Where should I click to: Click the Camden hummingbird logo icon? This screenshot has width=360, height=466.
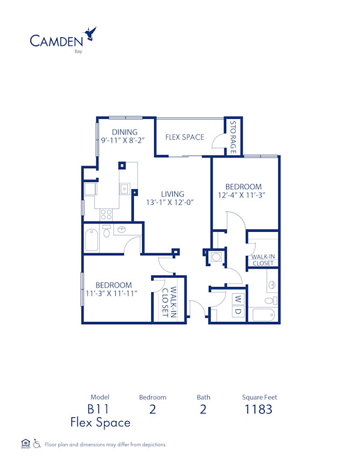91,32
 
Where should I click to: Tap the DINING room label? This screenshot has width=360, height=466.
125,132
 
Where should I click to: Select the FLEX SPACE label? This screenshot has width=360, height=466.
185,137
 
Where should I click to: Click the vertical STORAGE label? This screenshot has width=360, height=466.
233,137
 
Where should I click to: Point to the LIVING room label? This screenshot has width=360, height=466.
172,194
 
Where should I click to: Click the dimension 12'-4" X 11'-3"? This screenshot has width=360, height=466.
243,195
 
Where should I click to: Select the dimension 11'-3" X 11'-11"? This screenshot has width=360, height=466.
113,293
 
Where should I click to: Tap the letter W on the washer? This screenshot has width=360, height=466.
238,298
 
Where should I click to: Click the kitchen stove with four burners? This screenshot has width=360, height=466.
106,213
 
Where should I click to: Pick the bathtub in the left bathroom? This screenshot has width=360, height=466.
92,240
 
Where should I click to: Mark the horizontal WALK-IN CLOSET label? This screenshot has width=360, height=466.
263,260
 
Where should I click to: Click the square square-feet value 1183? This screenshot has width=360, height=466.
258,410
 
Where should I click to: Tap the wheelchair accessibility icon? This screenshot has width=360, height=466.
37,444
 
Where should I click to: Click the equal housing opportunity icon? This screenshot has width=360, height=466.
25,444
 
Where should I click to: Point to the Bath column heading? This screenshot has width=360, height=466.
203,397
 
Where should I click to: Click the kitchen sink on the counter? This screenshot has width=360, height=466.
124,189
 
